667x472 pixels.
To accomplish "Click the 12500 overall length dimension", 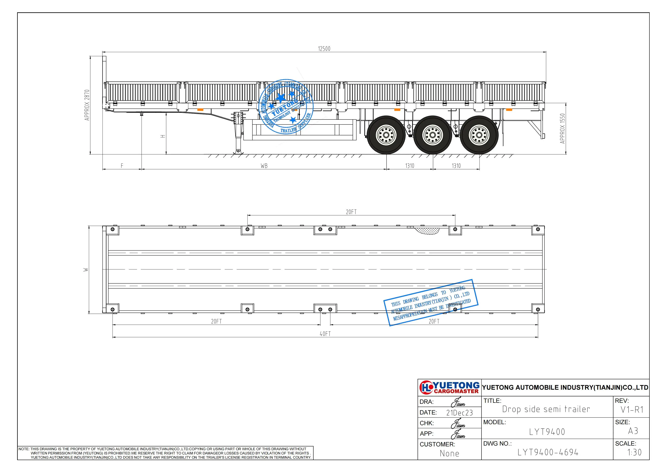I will (x=324, y=49).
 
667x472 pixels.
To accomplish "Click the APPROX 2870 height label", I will (x=87, y=105).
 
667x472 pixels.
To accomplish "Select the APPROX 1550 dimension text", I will (x=562, y=128).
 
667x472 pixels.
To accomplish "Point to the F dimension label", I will (x=122, y=166).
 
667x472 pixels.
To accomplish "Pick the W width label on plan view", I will (x=86, y=270).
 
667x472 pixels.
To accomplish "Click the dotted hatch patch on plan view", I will (x=426, y=231).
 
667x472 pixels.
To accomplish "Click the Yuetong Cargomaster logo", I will (x=449, y=388).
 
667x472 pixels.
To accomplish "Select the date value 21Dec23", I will (x=459, y=413).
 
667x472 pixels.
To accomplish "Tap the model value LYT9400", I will (x=547, y=432).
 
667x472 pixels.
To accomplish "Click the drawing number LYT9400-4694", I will (x=548, y=452).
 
